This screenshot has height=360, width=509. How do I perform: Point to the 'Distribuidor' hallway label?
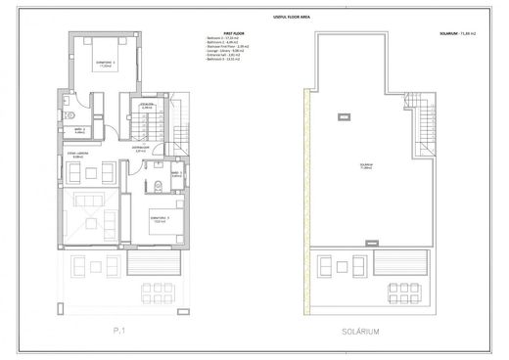(x=140, y=150)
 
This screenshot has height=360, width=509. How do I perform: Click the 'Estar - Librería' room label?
(x=79, y=155)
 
